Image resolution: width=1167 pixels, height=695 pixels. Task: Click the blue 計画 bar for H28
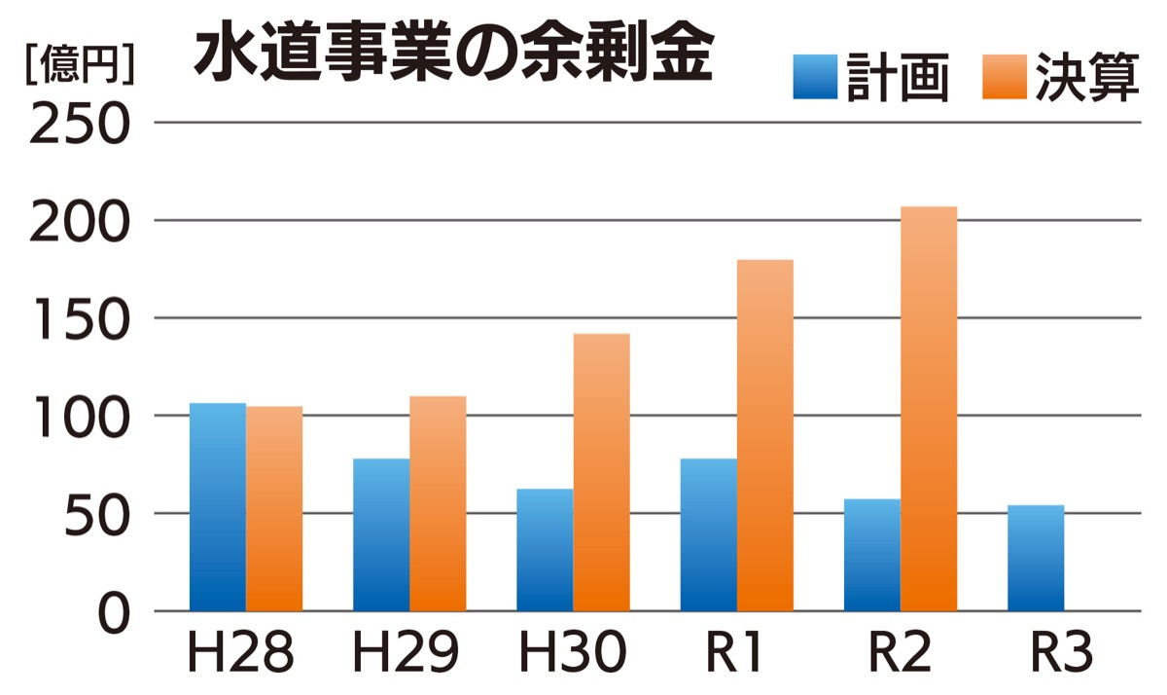tap(217, 506)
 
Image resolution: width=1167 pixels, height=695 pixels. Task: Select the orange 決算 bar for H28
tap(273, 508)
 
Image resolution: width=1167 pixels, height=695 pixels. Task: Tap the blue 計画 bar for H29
tap(381, 534)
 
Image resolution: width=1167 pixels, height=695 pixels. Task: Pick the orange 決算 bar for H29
tap(438, 503)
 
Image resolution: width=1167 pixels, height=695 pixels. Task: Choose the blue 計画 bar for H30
tap(545, 550)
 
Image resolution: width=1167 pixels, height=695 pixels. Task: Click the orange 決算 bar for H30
tap(601, 472)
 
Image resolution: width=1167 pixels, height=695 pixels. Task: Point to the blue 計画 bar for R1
tap(708, 534)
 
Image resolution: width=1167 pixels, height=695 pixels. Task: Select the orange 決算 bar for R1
tap(764, 435)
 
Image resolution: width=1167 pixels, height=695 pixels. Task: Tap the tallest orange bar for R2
tap(929, 409)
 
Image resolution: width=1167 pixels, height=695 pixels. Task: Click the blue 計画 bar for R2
tap(872, 555)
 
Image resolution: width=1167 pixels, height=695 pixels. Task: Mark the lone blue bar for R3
tap(1036, 558)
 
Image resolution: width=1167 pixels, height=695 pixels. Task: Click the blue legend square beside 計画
tap(815, 77)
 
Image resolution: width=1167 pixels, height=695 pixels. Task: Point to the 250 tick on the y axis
tap(81, 126)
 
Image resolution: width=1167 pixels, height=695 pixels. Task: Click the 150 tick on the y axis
tap(81, 320)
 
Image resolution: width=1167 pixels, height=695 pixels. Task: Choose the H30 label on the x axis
tap(572, 655)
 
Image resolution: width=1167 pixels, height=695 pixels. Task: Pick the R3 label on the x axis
tap(1062, 655)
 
